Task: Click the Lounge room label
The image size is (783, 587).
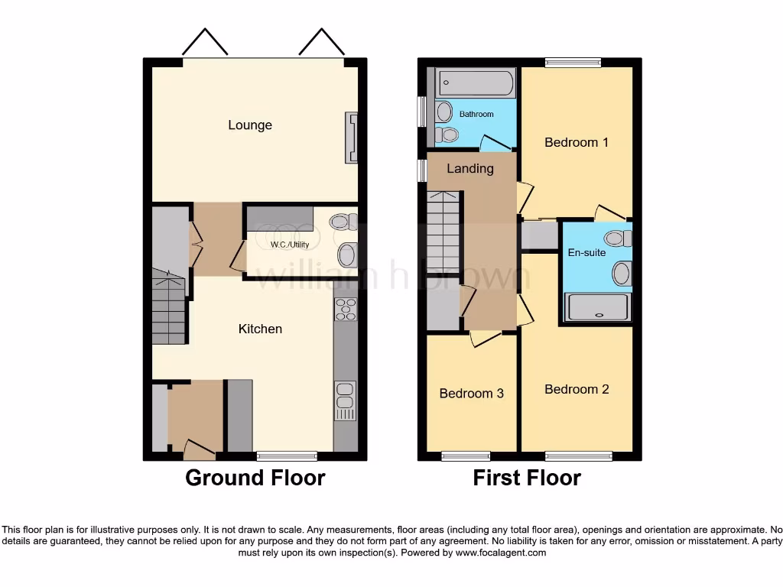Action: (250, 125)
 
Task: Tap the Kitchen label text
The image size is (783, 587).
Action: (260, 329)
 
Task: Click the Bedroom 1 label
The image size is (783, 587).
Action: (577, 142)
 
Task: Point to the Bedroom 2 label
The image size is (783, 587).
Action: (577, 389)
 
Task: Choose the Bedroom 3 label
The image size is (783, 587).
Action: (471, 394)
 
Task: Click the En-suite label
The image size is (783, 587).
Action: (587, 252)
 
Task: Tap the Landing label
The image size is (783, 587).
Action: (470, 169)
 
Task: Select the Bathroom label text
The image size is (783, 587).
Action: (476, 115)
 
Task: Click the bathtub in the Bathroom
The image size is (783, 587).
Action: (475, 83)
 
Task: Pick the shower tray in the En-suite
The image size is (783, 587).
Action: (598, 307)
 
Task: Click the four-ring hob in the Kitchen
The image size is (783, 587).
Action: (346, 309)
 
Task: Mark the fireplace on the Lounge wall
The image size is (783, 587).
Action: (352, 138)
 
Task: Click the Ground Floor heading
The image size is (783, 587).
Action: (255, 478)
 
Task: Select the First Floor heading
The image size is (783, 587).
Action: (527, 478)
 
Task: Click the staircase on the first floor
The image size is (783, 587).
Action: (443, 232)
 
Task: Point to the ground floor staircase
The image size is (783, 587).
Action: (170, 310)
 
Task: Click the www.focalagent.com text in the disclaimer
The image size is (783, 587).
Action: (501, 553)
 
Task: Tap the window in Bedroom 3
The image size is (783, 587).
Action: (466, 456)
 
